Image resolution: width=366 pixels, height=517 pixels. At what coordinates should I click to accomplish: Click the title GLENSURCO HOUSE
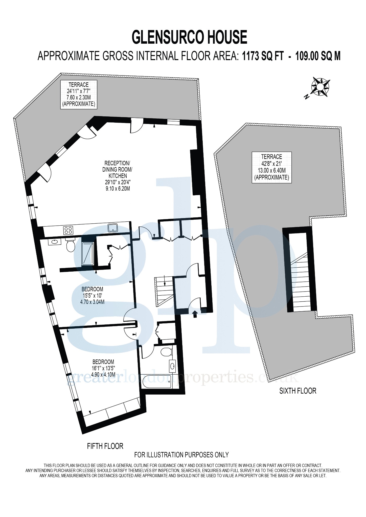[189, 37]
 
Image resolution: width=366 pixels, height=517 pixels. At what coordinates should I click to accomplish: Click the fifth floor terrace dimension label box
[79, 95]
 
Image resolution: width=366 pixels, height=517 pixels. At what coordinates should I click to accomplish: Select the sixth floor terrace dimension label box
[272, 167]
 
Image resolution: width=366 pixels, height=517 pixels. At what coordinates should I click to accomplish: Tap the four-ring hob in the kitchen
[68, 230]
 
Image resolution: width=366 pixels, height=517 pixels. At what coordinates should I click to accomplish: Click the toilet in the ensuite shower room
[70, 245]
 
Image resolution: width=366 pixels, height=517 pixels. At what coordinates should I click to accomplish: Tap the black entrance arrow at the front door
[195, 314]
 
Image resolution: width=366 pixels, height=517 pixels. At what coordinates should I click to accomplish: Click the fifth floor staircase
[164, 292]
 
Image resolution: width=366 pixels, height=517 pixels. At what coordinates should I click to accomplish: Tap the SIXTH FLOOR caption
[298, 391]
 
